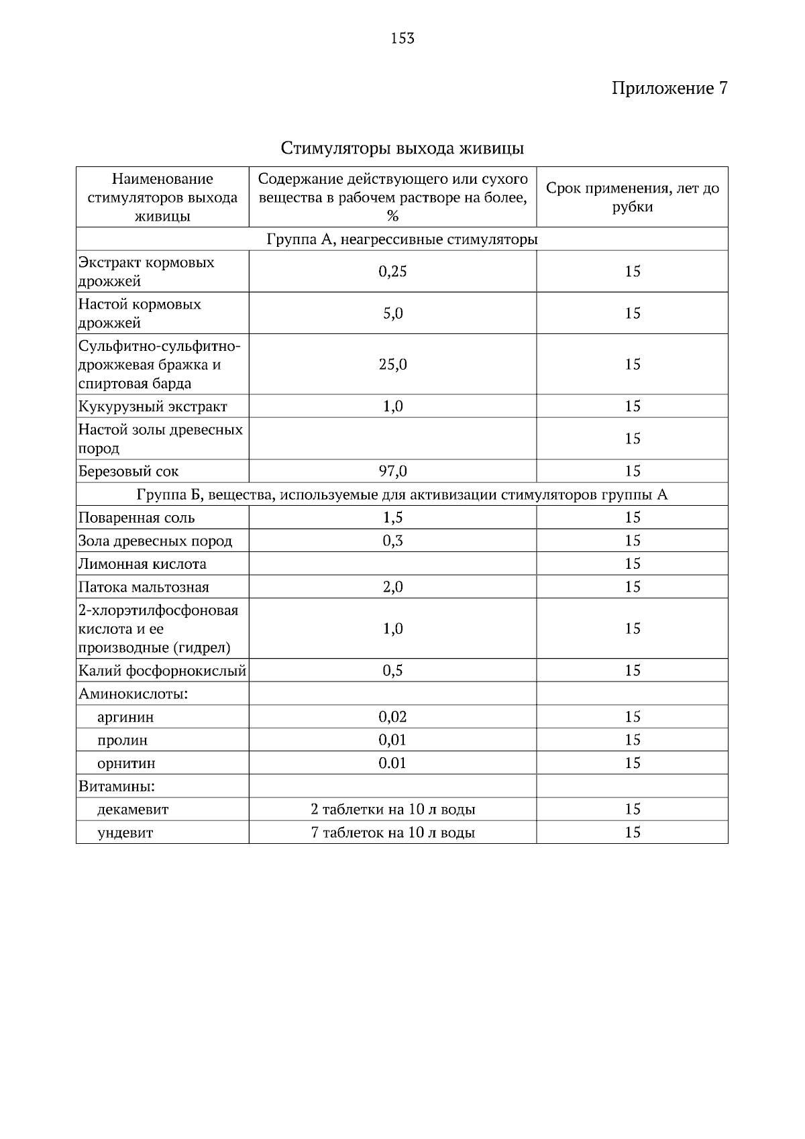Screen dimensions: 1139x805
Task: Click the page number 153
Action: (x=402, y=38)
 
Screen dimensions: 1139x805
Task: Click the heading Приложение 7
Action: (x=669, y=89)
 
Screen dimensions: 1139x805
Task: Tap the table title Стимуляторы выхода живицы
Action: (x=402, y=148)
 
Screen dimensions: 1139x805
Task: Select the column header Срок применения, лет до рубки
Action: (x=632, y=197)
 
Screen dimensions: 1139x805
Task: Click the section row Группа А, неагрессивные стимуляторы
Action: (x=402, y=239)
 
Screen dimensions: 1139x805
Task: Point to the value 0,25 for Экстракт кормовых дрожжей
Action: (x=392, y=271)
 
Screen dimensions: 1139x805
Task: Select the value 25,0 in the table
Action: (x=392, y=364)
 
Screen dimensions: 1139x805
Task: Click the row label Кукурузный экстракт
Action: (x=153, y=406)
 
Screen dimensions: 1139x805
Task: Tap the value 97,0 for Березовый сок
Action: (x=392, y=471)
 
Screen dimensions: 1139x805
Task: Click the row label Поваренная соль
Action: (x=137, y=518)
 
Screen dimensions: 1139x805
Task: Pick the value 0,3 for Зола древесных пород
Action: (x=392, y=541)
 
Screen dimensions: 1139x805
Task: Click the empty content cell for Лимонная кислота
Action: (x=392, y=563)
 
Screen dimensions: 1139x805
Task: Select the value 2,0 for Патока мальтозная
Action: (x=392, y=587)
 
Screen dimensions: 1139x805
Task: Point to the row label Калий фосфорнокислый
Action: (x=162, y=671)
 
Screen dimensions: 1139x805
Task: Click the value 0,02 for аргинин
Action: (x=392, y=716)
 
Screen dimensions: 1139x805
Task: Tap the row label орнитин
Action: (x=126, y=763)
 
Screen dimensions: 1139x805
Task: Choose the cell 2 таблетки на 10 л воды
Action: (x=392, y=810)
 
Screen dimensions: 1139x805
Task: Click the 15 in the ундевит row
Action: (x=632, y=832)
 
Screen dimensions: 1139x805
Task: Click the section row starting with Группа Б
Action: (x=402, y=495)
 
